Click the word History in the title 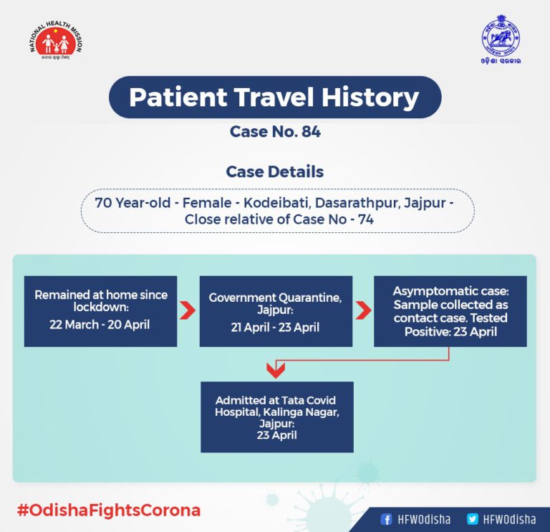tap(370, 98)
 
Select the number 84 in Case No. tap(311, 132)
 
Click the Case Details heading tap(275, 171)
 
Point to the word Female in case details tap(207, 203)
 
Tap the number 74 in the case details tap(365, 219)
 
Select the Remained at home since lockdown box tap(101, 311)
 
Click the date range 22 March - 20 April tap(100, 325)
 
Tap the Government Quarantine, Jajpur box tap(276, 311)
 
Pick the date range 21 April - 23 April tap(275, 327)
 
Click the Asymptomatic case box tap(450, 311)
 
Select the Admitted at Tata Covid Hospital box tap(277, 417)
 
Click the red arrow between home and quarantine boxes tap(188, 310)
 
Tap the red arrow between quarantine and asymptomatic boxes tap(363, 310)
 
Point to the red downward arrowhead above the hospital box tap(276, 371)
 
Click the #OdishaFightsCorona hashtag tap(109, 510)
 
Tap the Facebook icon tap(386, 519)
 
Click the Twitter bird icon tap(473, 519)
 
